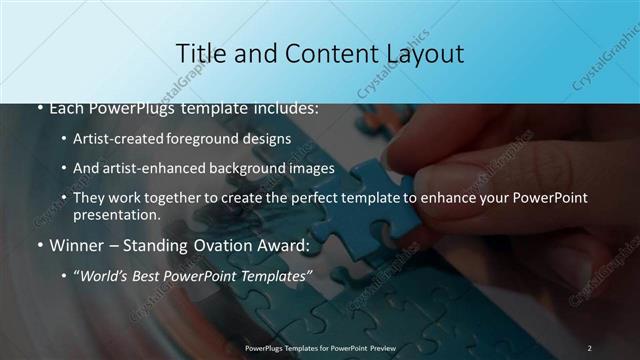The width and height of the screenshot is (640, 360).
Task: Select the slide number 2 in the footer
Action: pos(589,348)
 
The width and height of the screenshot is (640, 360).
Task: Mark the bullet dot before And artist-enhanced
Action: pos(63,168)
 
